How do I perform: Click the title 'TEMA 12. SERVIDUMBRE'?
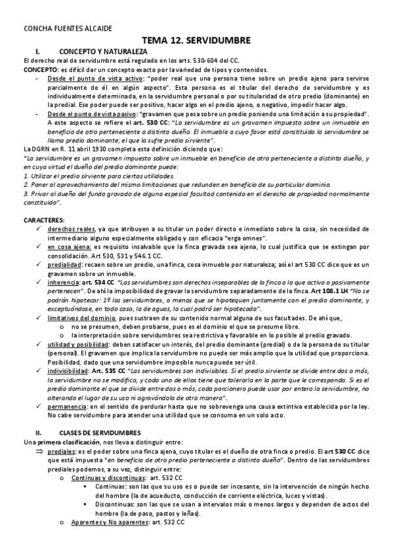[x=197, y=41]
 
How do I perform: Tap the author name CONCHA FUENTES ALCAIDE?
[x=58, y=29]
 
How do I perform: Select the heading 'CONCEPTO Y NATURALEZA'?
[x=103, y=51]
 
